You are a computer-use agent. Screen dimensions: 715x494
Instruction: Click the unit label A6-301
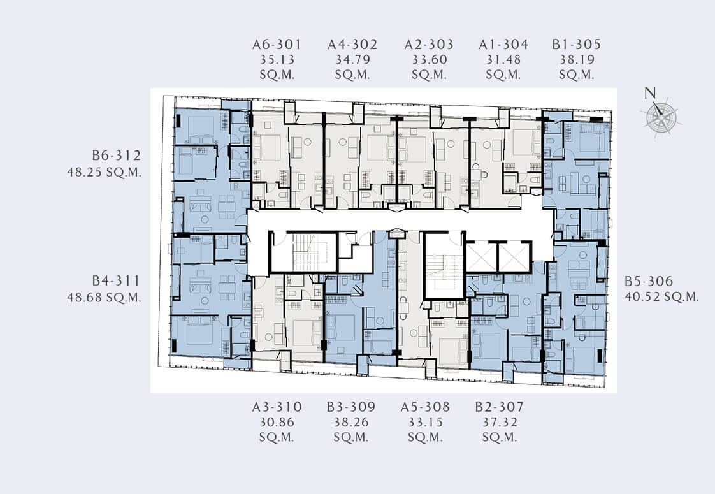(x=277, y=44)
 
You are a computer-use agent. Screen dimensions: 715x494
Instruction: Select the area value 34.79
(x=352, y=59)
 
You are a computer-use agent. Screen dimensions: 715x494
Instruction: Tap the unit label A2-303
(x=429, y=44)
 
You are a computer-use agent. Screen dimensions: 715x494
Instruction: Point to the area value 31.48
(x=503, y=59)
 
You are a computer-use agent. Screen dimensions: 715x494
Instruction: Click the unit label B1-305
(x=576, y=44)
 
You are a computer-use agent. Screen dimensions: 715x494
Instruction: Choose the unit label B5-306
(x=649, y=281)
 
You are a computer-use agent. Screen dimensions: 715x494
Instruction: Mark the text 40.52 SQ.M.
(x=661, y=296)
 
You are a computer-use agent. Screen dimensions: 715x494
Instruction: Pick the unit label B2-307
(x=500, y=407)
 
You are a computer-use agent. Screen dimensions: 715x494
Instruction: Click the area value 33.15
(x=425, y=422)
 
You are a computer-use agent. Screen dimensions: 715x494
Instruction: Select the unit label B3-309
(x=350, y=407)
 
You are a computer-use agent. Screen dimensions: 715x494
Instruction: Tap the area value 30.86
(x=277, y=422)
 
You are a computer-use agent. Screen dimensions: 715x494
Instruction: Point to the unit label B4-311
(x=116, y=280)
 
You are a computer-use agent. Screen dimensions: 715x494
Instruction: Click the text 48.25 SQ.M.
(x=104, y=172)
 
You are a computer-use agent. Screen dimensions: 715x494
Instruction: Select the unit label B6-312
(x=116, y=155)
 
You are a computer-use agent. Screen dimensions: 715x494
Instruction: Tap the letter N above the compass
(x=650, y=93)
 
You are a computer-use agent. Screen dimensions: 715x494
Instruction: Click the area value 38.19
(x=576, y=59)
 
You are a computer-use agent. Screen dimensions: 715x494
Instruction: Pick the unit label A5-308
(x=425, y=407)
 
